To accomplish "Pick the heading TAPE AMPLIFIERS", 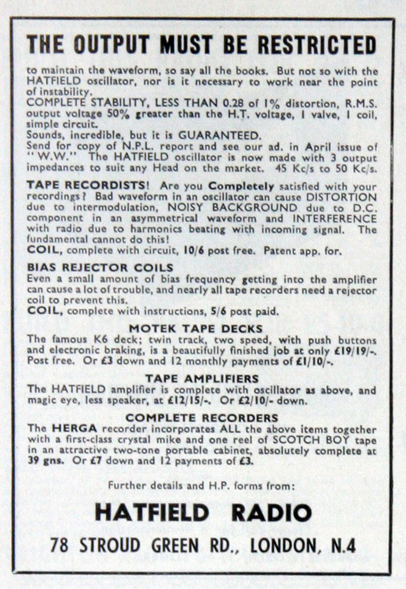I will click(x=202, y=378).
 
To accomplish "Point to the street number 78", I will click(x=60, y=545).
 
